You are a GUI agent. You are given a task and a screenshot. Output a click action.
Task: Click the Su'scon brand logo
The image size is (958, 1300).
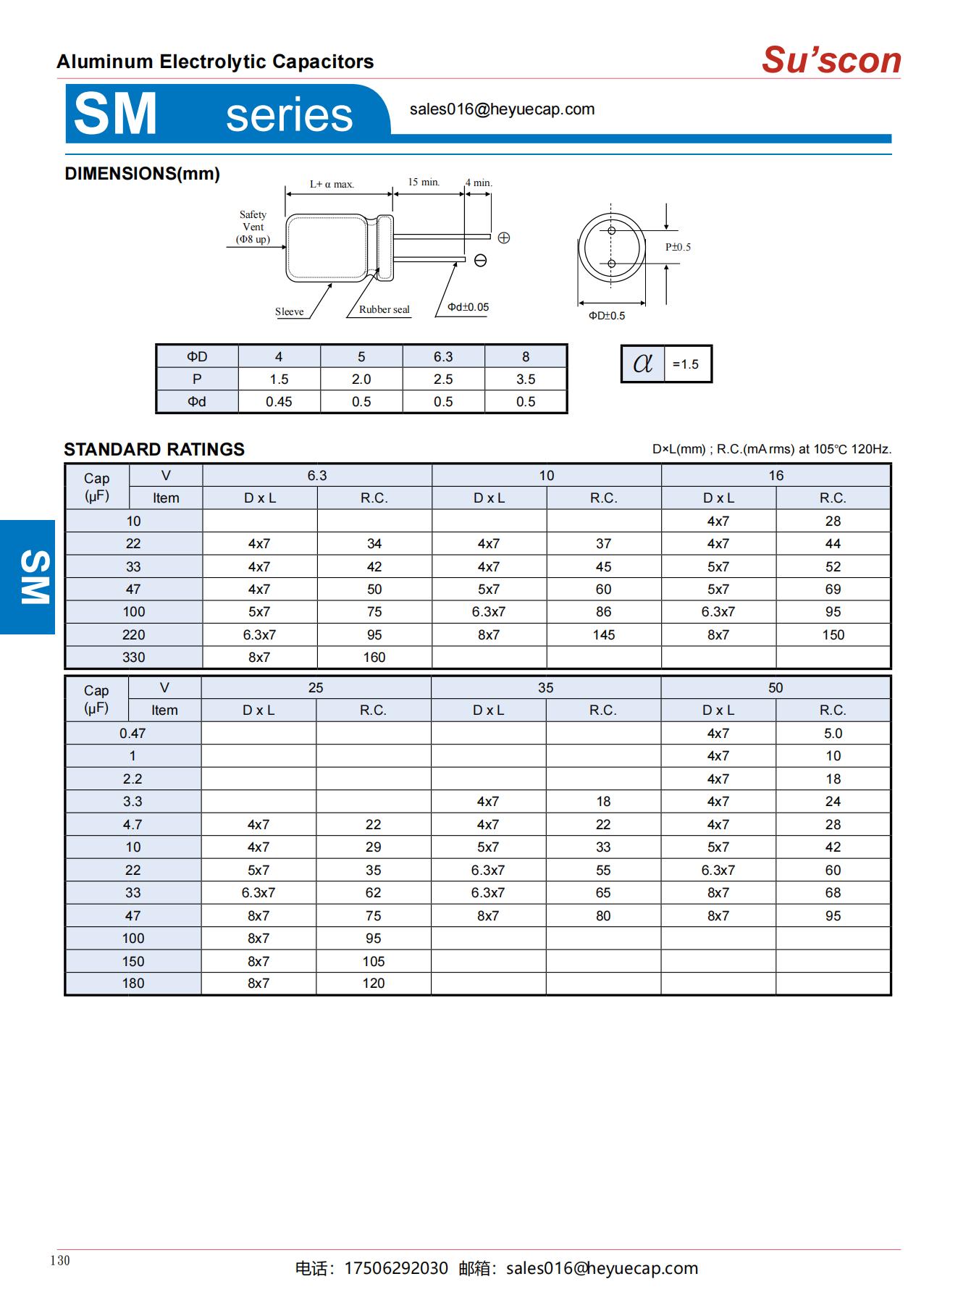coord(831,60)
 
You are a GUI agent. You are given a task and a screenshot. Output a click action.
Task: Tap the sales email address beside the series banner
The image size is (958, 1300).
coord(502,109)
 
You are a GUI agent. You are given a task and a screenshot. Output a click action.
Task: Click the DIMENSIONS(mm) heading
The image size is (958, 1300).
coord(142,174)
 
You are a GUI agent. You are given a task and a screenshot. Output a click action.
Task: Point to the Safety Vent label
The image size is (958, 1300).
coord(253,227)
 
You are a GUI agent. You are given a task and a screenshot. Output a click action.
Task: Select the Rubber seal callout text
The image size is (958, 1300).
coord(384,309)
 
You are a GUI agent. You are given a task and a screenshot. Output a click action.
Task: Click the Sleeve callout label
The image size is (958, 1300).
coord(289,311)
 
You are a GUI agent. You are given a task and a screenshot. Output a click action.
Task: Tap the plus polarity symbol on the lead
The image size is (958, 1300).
coord(504,238)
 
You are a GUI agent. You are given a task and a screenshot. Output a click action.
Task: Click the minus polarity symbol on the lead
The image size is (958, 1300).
coord(480,261)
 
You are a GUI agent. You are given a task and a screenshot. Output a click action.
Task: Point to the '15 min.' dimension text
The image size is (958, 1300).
coord(424,182)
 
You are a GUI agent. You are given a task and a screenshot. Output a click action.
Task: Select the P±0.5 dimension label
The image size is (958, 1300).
coord(678,247)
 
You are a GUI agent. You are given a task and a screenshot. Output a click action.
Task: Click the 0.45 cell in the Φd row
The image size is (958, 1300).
coord(279,402)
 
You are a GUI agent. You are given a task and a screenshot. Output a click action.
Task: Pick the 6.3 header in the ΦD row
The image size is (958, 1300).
coord(443,357)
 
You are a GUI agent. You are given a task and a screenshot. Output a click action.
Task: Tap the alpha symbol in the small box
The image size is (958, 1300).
coord(642,364)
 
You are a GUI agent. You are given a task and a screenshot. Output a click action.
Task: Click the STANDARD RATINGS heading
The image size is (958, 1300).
coord(154,449)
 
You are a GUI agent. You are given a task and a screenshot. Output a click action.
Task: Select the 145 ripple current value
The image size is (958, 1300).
coord(603,635)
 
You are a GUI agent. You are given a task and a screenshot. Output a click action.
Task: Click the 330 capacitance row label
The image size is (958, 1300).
coord(133,658)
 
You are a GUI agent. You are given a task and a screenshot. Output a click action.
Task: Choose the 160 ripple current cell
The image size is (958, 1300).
coord(374,658)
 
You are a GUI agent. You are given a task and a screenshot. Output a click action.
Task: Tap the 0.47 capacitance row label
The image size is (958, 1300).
coord(133,734)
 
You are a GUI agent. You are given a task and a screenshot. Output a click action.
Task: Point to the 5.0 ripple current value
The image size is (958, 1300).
coord(833,734)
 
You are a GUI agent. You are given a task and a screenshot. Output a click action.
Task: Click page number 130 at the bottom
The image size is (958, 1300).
coord(60,1260)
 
